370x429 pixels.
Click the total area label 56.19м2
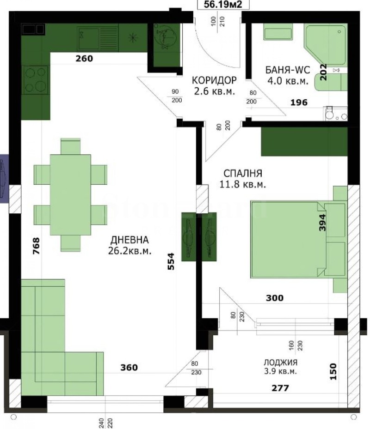(220, 5)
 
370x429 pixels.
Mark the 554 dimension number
(171, 261)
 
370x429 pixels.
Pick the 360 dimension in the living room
(129, 368)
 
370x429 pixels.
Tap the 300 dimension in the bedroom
(274, 298)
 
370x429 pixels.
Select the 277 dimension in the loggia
(280, 388)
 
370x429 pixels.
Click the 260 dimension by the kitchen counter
(84, 59)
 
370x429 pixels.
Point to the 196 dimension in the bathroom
(299, 103)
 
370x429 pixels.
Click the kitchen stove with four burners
(35, 79)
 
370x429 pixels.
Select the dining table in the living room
(70, 194)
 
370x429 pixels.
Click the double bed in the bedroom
(291, 239)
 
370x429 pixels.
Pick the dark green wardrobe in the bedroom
(304, 142)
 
